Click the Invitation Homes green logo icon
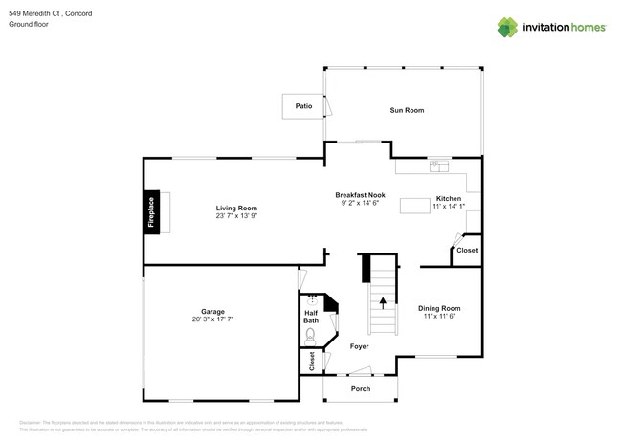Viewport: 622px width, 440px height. pyautogui.click(x=507, y=27)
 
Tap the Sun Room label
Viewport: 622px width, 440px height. pyautogui.click(x=407, y=110)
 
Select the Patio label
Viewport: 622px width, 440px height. pyautogui.click(x=303, y=106)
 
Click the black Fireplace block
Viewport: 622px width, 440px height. pyautogui.click(x=151, y=212)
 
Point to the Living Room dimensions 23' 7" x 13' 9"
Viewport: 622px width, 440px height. pyautogui.click(x=236, y=216)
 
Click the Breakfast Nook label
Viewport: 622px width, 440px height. pyautogui.click(x=360, y=194)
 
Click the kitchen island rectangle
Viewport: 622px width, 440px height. pyautogui.click(x=414, y=205)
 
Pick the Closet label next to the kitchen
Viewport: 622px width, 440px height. pyautogui.click(x=467, y=251)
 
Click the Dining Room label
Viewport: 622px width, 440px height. pyautogui.click(x=440, y=308)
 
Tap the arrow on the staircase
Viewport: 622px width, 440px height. pyautogui.click(x=383, y=303)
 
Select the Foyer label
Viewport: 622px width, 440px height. pyautogui.click(x=359, y=346)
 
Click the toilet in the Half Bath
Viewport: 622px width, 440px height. pyautogui.click(x=310, y=336)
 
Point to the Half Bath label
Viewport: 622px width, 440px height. pyautogui.click(x=311, y=317)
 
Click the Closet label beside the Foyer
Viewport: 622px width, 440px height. pyautogui.click(x=312, y=362)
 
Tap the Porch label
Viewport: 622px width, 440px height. pyautogui.click(x=361, y=389)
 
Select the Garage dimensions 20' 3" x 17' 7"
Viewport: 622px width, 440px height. pyautogui.click(x=212, y=319)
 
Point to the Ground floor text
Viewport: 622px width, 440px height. pyautogui.click(x=28, y=25)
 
